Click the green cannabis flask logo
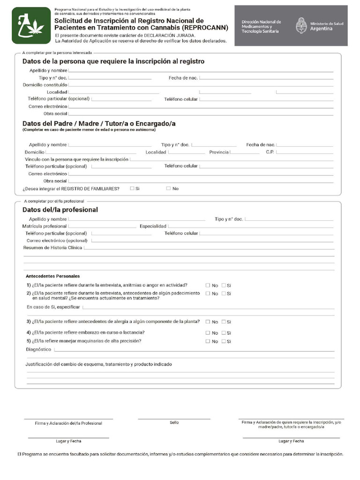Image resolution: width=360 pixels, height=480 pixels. [x=31, y=26]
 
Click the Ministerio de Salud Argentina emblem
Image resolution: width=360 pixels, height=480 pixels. [x=301, y=25]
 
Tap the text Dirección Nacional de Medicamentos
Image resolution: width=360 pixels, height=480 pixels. [x=261, y=26]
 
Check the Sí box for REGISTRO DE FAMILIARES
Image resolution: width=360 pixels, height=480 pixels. [x=132, y=188]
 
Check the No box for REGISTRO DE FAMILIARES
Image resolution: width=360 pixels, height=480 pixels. [x=168, y=188]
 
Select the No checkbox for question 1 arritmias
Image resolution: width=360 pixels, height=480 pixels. [x=208, y=285]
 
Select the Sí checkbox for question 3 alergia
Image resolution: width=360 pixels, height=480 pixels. [x=224, y=322]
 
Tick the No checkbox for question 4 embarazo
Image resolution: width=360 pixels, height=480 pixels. [x=208, y=333]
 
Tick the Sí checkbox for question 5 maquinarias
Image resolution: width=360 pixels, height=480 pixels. [x=224, y=341]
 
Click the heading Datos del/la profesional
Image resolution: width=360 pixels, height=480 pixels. [x=60, y=210]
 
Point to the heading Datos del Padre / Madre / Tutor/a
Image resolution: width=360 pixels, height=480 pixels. [x=99, y=123]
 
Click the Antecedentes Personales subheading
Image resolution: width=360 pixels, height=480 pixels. [x=53, y=276]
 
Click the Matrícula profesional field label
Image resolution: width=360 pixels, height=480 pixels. [x=45, y=226]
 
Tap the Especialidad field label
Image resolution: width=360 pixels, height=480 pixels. [x=153, y=226]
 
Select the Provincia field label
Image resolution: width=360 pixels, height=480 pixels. [x=219, y=152]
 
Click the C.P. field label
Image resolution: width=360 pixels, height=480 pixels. [x=270, y=152]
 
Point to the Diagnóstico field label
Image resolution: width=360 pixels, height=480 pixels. [x=38, y=350]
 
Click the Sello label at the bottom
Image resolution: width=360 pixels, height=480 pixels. [x=174, y=422]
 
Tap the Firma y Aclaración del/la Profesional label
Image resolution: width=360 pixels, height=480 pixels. [x=68, y=423]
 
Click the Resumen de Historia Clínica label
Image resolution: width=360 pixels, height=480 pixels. [x=52, y=247]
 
